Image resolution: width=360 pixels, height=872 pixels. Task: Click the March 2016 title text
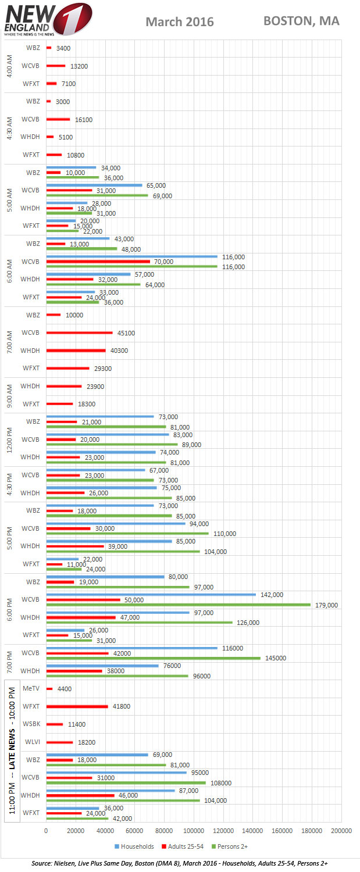[180, 22]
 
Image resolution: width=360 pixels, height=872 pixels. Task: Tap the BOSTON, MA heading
[301, 21]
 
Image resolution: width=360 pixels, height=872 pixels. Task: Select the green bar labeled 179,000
[178, 605]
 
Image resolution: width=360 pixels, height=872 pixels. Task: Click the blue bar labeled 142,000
[151, 594]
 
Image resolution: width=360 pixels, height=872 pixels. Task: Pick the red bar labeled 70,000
[98, 262]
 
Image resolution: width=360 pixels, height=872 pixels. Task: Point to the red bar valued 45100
[79, 333]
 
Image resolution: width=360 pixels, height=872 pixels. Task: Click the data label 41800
[122, 706]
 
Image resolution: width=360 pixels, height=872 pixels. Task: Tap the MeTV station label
[31, 688]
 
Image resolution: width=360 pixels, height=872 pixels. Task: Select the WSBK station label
[31, 724]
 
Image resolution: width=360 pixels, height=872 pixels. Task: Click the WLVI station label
[31, 742]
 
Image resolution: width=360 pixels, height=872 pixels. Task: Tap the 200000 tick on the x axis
[341, 832]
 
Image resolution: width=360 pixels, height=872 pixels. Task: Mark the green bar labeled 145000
[153, 658]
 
